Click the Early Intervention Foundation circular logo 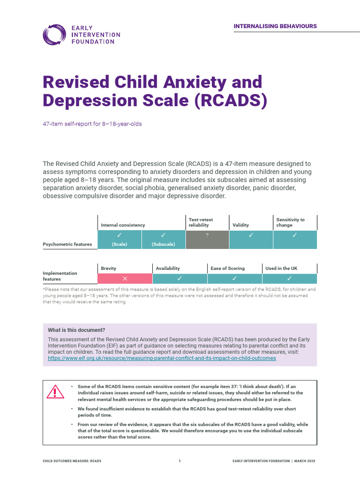coord(54,35)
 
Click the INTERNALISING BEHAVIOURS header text coord(275,26)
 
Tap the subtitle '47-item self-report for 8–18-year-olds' coord(92,124)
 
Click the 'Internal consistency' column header coord(123,225)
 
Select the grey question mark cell coord(207,240)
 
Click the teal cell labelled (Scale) coord(120,240)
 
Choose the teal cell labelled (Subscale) coord(164,240)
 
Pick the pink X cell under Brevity coord(125,278)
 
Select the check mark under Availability coord(180,278)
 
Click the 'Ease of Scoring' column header coord(228,269)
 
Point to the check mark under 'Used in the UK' coord(290,278)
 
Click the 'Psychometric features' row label coord(67,244)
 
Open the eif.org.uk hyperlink coord(162,358)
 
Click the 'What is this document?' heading coord(76,330)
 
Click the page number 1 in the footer coord(180,461)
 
